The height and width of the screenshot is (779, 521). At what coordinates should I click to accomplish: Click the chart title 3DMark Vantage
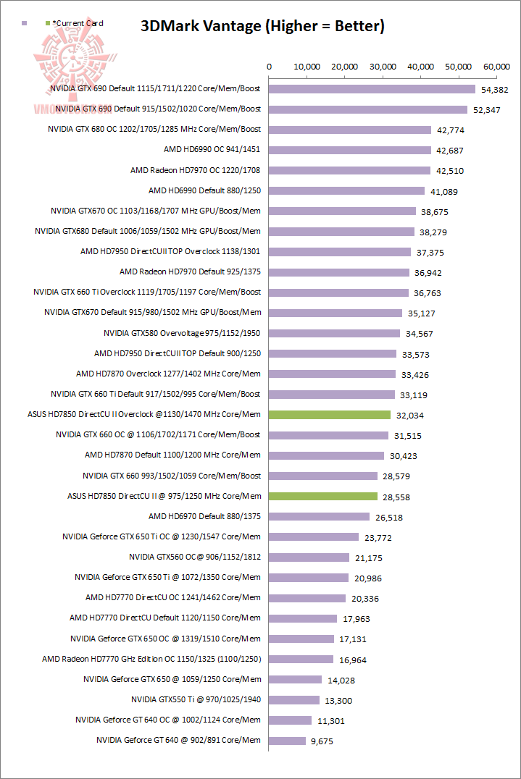(x=262, y=27)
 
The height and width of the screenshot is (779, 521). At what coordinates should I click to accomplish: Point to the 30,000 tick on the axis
(x=383, y=66)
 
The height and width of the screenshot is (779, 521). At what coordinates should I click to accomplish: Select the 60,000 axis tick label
(x=496, y=66)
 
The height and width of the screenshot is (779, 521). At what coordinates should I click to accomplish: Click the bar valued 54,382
(x=372, y=89)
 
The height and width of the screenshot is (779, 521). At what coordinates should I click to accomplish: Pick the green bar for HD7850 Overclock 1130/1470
(x=330, y=415)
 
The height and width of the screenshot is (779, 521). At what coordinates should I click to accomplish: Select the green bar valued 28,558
(x=323, y=496)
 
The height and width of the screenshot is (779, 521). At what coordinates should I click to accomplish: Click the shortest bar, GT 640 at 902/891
(x=288, y=741)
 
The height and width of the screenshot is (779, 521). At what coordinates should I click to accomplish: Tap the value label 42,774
(x=449, y=130)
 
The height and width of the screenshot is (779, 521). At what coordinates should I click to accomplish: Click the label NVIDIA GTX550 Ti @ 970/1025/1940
(x=196, y=699)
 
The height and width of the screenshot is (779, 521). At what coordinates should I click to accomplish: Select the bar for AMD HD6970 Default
(x=320, y=516)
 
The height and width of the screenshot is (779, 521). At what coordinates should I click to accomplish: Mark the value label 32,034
(x=409, y=416)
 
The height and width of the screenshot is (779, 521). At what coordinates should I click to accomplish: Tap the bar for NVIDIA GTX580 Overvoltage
(x=335, y=333)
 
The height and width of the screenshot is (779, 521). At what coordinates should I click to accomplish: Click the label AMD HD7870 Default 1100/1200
(x=172, y=455)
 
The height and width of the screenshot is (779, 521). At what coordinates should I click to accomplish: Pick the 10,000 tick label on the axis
(x=307, y=66)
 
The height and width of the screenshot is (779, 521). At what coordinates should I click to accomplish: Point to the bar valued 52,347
(x=368, y=109)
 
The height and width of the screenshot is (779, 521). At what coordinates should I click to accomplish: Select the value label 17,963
(x=355, y=619)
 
